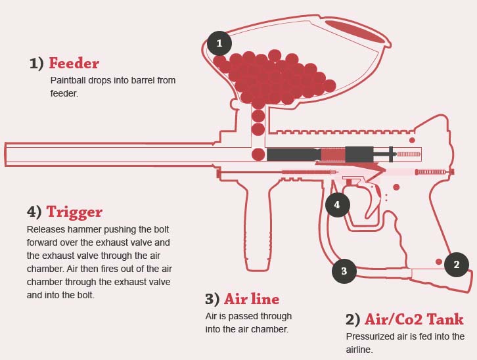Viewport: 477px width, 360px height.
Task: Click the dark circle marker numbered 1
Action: [x=219, y=44]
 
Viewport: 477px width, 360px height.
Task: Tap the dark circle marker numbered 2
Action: [x=456, y=265]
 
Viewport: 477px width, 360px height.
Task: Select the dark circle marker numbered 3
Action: [x=344, y=270]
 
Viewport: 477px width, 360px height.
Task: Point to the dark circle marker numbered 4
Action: [x=337, y=205]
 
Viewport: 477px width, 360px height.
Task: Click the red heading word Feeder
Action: [x=74, y=64]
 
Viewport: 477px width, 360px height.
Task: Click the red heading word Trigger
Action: [x=74, y=212]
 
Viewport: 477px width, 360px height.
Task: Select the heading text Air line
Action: [x=252, y=300]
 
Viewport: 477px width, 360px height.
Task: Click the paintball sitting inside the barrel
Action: [x=258, y=154]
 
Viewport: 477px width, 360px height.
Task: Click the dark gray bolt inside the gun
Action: [x=292, y=154]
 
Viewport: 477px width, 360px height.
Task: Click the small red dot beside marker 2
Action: [x=438, y=261]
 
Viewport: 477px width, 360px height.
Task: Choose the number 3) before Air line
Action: [x=212, y=300]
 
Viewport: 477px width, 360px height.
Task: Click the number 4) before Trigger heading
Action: [x=34, y=212]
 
